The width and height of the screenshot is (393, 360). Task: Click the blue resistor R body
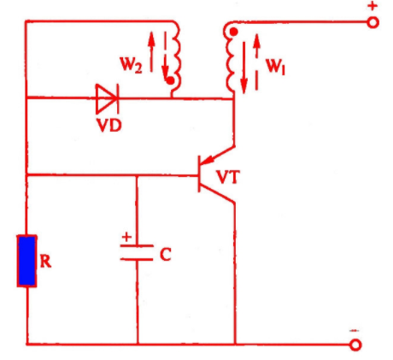click(x=26, y=261)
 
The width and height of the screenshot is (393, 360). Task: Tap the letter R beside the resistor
click(x=45, y=261)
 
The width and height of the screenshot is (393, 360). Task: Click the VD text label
click(x=109, y=125)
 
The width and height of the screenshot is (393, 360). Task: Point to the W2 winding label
click(x=131, y=65)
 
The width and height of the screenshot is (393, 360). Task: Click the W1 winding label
click(x=275, y=67)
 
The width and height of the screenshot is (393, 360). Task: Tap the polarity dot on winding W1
click(x=233, y=32)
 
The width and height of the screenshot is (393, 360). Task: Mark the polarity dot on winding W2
click(x=170, y=81)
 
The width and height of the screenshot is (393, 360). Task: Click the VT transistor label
click(x=228, y=177)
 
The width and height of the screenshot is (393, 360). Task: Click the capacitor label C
click(x=166, y=254)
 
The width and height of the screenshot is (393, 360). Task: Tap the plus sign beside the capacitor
click(x=126, y=237)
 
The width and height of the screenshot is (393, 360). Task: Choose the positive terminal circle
click(x=372, y=22)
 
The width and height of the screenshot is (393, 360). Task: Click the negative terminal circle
click(x=355, y=345)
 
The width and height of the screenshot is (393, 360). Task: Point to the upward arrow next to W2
click(x=151, y=51)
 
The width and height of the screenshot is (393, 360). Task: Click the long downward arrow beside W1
click(x=243, y=68)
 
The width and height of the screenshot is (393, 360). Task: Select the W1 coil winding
click(x=231, y=58)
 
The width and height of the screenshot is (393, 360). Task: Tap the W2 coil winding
click(x=176, y=58)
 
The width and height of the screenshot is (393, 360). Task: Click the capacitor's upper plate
click(x=137, y=245)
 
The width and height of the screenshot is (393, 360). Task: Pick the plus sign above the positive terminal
click(x=372, y=6)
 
